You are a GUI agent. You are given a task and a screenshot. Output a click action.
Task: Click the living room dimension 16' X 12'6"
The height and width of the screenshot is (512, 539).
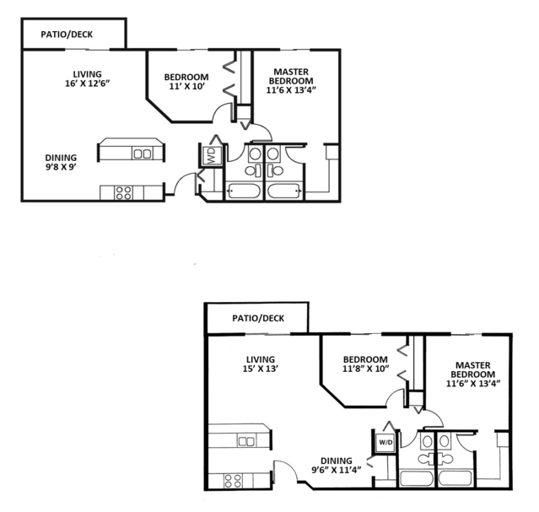tap(87, 84)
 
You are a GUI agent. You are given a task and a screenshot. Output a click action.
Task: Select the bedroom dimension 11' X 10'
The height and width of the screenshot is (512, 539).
tap(186, 88)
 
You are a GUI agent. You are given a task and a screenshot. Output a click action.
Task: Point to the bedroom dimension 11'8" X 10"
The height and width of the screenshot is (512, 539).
tap(365, 369)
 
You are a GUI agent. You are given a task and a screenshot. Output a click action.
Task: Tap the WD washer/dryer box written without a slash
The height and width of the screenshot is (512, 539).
tap(210, 156)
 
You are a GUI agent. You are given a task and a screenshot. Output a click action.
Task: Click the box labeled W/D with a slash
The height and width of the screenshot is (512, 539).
tap(385, 441)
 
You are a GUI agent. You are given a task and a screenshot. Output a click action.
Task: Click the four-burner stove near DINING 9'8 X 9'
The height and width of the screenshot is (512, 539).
tap(123, 192)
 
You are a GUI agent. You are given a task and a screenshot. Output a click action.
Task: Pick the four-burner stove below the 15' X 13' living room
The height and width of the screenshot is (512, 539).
tap(233, 480)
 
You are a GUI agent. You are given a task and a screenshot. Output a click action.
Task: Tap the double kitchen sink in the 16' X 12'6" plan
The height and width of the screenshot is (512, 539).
tap(141, 154)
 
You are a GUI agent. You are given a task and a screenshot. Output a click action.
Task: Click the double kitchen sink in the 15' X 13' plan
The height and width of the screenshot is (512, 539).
tap(246, 441)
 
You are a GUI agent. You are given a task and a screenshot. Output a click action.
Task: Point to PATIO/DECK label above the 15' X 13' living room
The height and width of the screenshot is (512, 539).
tap(257, 318)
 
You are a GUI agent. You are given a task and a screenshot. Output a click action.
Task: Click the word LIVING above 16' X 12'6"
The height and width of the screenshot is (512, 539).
tap(87, 73)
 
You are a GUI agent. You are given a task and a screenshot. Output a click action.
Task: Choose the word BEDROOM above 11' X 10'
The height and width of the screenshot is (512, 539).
tap(186, 78)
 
